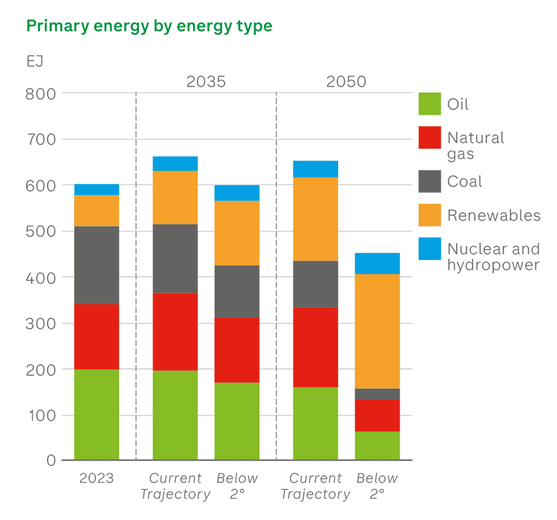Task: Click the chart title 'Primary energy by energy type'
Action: pyautogui.click(x=149, y=26)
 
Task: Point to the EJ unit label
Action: pyautogui.click(x=35, y=61)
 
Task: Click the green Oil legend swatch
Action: pyautogui.click(x=430, y=104)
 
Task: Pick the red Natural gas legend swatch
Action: pyautogui.click(x=430, y=138)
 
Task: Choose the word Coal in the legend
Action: pyautogui.click(x=465, y=182)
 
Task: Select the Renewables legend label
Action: pyautogui.click(x=494, y=216)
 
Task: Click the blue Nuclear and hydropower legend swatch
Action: pyautogui.click(x=430, y=249)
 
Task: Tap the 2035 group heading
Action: pyautogui.click(x=206, y=82)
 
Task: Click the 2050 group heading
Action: pyautogui.click(x=346, y=82)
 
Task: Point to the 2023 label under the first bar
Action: pyautogui.click(x=96, y=478)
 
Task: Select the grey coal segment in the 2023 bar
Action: pyautogui.click(x=96, y=265)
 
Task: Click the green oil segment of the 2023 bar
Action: pyautogui.click(x=96, y=414)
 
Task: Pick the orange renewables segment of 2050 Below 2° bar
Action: pyautogui.click(x=377, y=331)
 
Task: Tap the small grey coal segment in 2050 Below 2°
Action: pyautogui.click(x=377, y=394)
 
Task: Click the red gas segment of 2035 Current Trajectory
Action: pyautogui.click(x=175, y=332)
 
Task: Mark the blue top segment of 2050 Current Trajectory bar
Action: pyautogui.click(x=315, y=169)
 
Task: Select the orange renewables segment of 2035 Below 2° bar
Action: pyautogui.click(x=237, y=233)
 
